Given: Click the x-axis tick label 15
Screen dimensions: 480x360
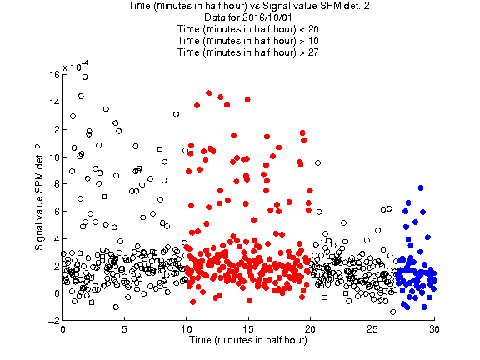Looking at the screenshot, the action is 248,329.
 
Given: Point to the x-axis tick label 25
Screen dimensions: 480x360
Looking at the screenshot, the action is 372,329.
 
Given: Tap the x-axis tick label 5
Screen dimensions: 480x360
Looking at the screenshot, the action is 125,329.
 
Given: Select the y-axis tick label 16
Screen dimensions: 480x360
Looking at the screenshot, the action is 55,75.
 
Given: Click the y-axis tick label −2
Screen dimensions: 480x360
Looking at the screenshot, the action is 54,321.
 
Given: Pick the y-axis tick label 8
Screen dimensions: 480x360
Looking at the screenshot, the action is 57,183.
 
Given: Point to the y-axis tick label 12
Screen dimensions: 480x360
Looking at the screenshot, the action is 55,129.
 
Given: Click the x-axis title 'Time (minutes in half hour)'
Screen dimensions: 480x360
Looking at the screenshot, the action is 248,340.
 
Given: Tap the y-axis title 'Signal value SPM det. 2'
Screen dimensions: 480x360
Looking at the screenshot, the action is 39,197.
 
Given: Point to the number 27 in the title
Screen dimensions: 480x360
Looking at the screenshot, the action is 312,52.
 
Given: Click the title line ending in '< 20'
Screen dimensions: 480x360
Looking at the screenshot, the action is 248,29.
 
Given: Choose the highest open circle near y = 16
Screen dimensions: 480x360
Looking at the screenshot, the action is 85,77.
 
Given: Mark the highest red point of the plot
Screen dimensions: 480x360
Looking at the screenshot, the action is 209,93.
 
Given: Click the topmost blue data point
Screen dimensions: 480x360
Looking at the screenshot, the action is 421,188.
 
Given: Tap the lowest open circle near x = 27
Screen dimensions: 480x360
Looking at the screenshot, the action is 393,312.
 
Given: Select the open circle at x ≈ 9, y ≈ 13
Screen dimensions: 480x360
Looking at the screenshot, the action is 176,114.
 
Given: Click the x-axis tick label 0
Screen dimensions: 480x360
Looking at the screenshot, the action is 62,329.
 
